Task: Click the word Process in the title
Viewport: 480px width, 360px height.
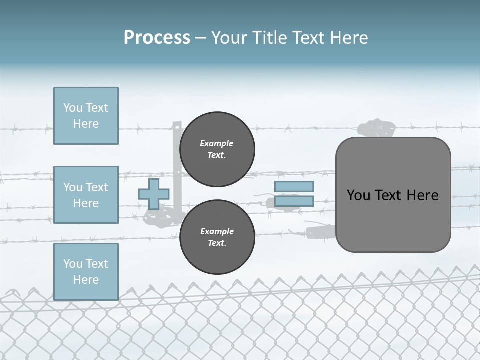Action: point(157,38)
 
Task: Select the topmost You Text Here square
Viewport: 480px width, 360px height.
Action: point(86,116)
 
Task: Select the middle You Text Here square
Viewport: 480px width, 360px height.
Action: point(86,195)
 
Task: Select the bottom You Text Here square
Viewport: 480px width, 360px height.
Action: point(86,272)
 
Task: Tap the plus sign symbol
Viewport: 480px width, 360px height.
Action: point(154,194)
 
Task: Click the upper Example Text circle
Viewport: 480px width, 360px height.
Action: point(217,149)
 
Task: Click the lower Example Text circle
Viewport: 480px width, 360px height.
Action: point(217,237)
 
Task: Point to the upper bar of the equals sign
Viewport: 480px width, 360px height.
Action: point(294,186)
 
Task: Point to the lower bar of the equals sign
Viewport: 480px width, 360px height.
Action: point(294,201)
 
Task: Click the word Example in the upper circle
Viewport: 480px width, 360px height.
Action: point(217,143)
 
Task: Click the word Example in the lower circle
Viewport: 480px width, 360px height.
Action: point(217,231)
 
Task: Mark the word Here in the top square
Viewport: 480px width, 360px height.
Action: point(86,124)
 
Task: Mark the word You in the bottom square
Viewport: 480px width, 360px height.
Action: point(72,264)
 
